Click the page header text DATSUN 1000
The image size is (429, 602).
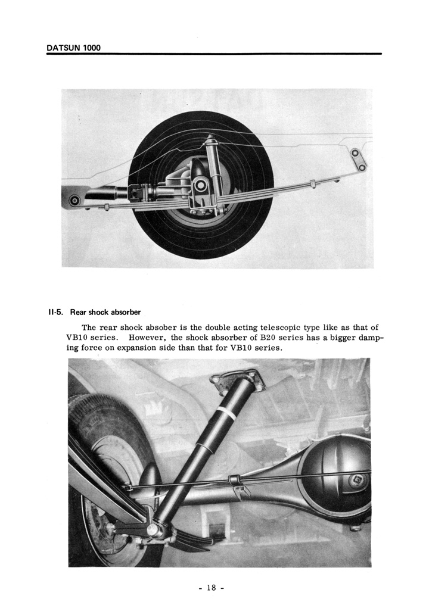pos(73,48)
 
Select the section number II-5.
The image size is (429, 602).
pos(56,312)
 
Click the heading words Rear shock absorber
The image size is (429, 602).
pos(105,312)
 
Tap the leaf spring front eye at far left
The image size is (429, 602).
pos(74,200)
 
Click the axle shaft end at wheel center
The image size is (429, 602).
pos(201,186)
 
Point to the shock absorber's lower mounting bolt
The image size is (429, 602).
pos(156,527)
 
